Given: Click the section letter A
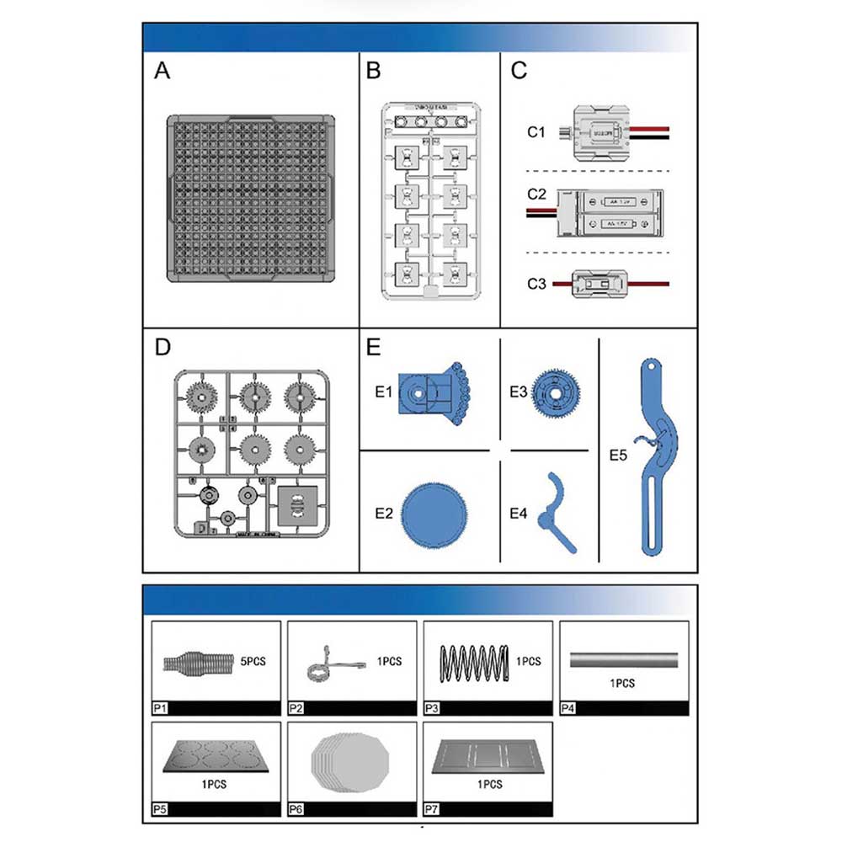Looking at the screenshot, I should pyautogui.click(x=163, y=71).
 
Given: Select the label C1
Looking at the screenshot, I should pyautogui.click(x=536, y=132).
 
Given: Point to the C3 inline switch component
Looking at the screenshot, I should pyautogui.click(x=600, y=284).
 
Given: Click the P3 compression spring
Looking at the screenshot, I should pyautogui.click(x=475, y=661).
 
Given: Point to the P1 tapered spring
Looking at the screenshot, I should pyautogui.click(x=195, y=663).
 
